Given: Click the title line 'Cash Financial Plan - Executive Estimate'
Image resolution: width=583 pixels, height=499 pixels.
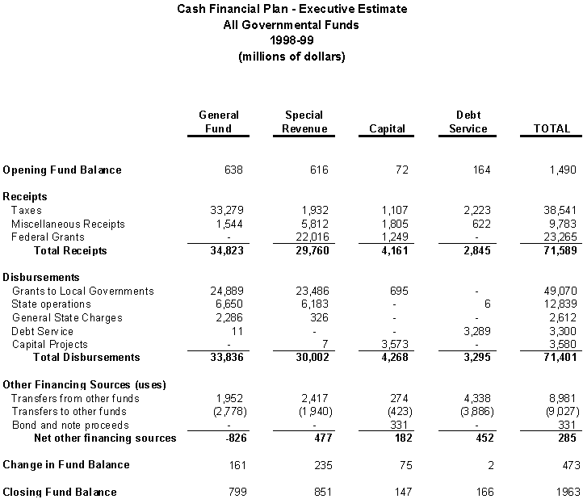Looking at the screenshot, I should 291,10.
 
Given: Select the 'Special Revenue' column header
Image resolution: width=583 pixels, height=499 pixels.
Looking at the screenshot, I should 304,122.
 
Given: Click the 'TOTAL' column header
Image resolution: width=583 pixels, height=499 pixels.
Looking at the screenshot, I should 552,129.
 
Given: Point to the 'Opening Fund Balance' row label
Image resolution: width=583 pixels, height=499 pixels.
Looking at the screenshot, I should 62,170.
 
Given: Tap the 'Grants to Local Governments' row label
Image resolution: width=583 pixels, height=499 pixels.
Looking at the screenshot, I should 82,291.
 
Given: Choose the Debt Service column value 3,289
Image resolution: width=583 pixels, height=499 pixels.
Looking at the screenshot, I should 475,331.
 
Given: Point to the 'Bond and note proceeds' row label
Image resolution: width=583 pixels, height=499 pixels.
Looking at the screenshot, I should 72,425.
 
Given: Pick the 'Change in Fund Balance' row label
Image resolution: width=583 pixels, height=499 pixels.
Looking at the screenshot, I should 66,465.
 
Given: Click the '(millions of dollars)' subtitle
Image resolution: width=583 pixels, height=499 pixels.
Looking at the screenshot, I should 291,57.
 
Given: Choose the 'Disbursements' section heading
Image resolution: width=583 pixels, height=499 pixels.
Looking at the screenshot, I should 38,277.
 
